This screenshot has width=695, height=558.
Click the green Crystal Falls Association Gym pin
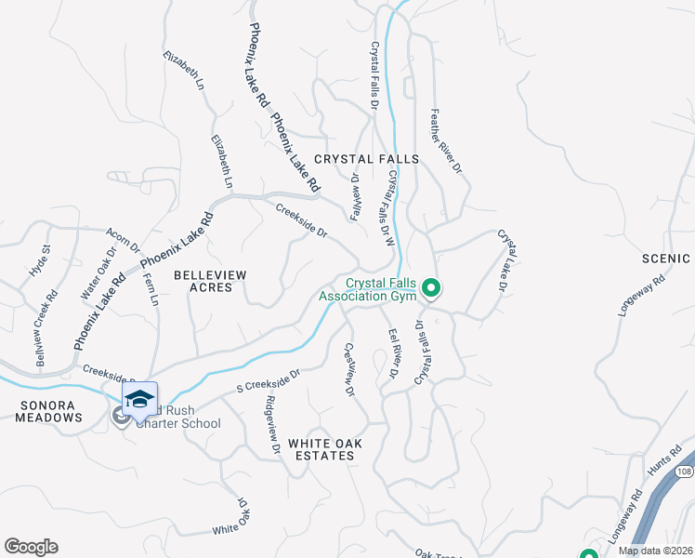coord(430,289)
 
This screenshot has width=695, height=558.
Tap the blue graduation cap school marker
coord(138,400)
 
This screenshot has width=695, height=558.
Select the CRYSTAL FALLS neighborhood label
coord(366,159)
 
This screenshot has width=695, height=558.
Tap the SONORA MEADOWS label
coord(47,412)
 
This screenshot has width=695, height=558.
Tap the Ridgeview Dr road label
coord(273,425)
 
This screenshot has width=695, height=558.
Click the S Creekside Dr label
coord(269,379)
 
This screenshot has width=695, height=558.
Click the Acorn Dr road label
coord(123,240)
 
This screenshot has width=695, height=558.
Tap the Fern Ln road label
coord(151,290)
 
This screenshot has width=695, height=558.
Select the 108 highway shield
coord(684,472)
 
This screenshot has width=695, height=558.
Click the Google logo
coord(31,547)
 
